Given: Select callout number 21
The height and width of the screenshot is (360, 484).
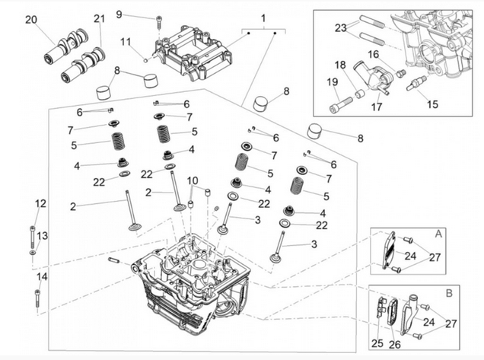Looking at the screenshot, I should (x=100, y=18).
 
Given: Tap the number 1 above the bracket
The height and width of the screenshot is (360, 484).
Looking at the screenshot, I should (x=263, y=17).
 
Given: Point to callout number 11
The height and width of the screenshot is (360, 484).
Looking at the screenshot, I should (x=126, y=41).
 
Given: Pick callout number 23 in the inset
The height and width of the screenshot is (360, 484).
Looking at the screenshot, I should (x=341, y=27).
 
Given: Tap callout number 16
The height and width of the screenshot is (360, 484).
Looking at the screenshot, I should (x=373, y=54).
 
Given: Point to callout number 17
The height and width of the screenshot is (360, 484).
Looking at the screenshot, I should (x=376, y=107).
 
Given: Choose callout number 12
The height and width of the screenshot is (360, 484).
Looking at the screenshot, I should (x=40, y=203).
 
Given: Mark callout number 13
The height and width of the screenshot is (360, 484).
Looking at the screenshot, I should (x=43, y=236).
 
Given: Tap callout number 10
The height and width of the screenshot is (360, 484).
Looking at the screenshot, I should (x=193, y=180).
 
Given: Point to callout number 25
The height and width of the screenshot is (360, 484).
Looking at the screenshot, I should (x=378, y=343).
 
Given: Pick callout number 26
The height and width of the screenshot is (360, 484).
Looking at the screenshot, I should (x=394, y=343).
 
